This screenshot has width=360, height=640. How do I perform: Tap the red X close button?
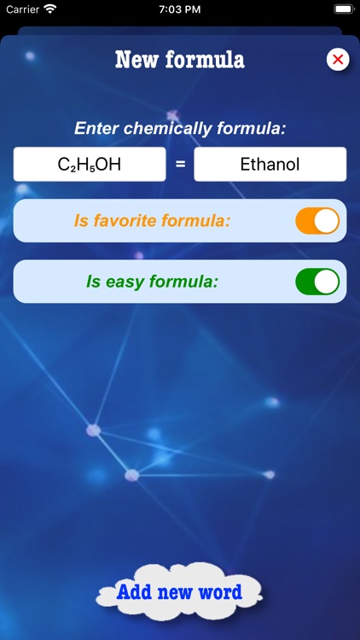tap(338, 59)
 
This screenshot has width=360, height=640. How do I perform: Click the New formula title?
tap(179, 60)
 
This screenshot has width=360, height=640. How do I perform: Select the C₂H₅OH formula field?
tap(90, 165)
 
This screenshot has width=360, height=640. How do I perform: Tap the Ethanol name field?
tap(270, 165)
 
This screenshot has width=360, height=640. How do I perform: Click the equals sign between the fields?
tap(180, 165)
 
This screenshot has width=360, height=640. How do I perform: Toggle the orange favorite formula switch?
tap(317, 221)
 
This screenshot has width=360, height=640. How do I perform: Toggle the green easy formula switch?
tap(317, 282)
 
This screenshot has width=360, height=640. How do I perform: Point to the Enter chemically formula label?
tap(180, 129)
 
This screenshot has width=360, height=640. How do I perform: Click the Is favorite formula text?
tap(153, 221)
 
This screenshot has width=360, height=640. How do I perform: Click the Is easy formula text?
tap(153, 282)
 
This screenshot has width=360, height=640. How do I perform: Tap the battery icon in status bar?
tap(343, 9)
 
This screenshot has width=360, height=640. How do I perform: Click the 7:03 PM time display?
tap(180, 9)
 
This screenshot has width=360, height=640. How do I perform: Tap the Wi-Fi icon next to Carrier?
tap(50, 9)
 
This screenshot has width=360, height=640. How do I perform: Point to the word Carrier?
tap(23, 9)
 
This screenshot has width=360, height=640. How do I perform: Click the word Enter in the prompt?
tap(96, 129)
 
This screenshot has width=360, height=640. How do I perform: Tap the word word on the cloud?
tap(220, 592)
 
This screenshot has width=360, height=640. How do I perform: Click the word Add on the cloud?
tap(133, 592)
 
